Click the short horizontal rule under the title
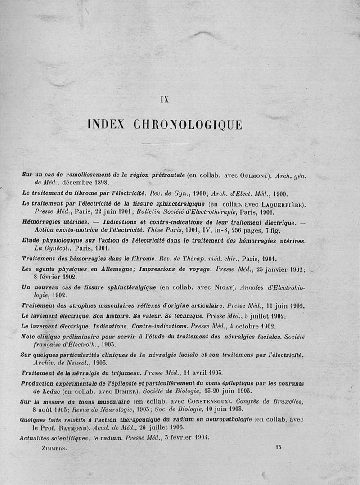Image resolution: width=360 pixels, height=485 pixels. pos(165,144)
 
